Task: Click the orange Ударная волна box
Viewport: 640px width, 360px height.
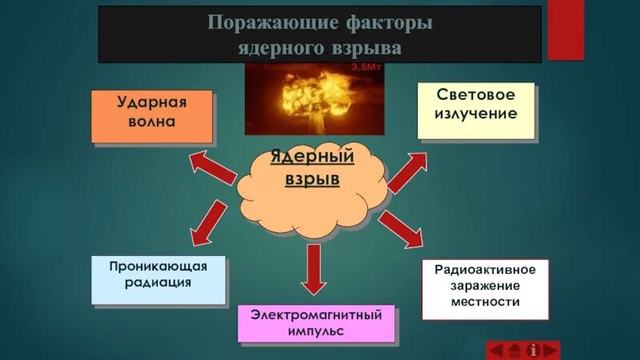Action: tap(151, 116)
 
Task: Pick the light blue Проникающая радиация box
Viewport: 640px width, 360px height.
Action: tap(158, 279)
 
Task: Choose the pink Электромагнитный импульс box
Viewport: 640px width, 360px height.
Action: tap(316, 323)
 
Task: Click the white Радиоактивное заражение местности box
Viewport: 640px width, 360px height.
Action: tap(485, 288)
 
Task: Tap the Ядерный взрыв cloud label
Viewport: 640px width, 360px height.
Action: tap(313, 169)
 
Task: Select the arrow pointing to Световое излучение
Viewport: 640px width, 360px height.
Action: tap(408, 171)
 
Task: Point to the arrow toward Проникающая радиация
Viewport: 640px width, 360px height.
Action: tap(208, 224)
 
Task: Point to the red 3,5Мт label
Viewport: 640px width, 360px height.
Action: tap(367, 68)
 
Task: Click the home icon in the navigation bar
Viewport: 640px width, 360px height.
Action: tap(514, 350)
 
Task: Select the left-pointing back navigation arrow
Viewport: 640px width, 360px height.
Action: tap(496, 350)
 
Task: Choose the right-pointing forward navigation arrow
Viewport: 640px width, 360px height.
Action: tap(550, 350)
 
